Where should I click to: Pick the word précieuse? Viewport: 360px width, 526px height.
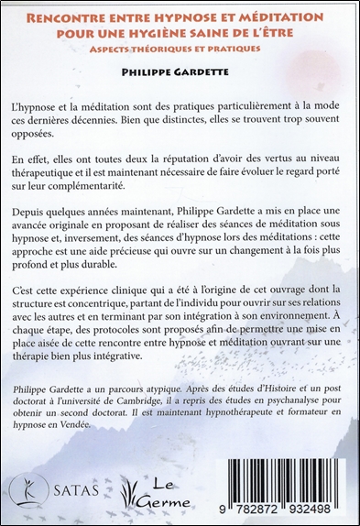[163, 260]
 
